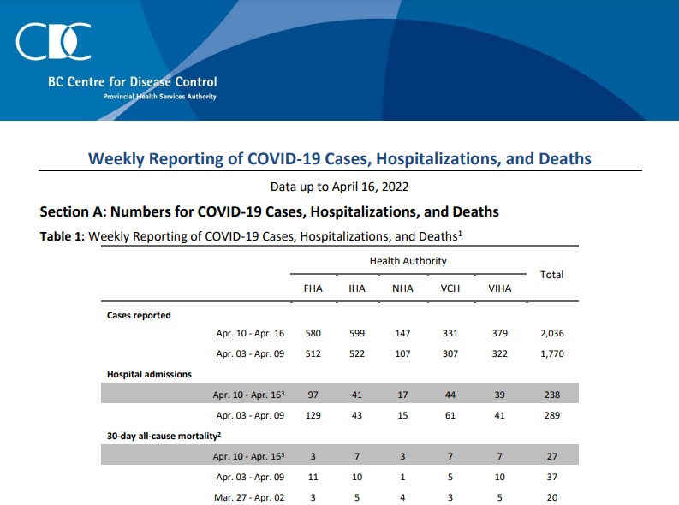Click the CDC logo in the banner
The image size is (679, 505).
pos(53,42)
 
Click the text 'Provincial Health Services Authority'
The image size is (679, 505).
pos(159,97)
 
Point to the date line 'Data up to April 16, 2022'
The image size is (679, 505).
pos(339,187)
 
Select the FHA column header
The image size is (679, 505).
pos(313,288)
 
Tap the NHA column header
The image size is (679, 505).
pos(402,288)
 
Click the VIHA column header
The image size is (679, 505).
pos(500,288)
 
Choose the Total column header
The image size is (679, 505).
pos(551,275)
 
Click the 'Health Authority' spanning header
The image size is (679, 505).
pos(408,261)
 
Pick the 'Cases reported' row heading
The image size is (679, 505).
pos(139,316)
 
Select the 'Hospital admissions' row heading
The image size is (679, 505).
pos(149,374)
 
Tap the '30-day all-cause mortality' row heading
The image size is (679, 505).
pos(164,436)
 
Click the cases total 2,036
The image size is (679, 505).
pos(552,333)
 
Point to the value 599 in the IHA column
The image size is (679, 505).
pos(357,333)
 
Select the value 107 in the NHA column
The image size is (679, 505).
pos(402,354)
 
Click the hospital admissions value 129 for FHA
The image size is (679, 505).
pos(313,415)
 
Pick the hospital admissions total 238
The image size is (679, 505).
pos(552,395)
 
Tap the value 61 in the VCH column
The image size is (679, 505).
pos(450,415)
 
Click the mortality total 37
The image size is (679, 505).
pos(552,477)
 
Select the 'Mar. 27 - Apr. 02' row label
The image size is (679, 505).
pos(249,497)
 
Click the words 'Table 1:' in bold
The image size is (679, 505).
pos(63,236)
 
